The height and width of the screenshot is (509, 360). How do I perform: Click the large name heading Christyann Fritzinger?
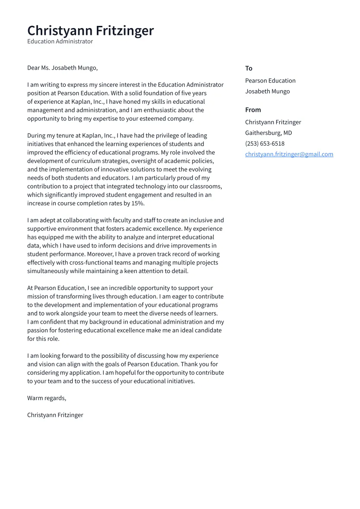tap(90, 31)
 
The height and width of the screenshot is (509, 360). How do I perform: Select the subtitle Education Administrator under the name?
tap(60, 41)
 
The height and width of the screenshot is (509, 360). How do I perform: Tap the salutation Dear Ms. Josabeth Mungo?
tap(62, 68)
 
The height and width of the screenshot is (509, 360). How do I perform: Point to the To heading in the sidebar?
tap(248, 68)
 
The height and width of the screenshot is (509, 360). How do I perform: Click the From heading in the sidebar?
tap(253, 110)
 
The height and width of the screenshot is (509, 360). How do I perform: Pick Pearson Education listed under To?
tap(270, 81)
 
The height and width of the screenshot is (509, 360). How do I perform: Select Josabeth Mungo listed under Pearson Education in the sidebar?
tap(268, 91)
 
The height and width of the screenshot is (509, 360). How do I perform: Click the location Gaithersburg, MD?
tap(268, 133)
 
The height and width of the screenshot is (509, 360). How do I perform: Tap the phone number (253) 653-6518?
tap(264, 143)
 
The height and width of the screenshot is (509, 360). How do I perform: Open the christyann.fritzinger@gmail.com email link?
tap(289, 154)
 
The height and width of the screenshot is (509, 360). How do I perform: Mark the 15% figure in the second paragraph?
tap(137, 204)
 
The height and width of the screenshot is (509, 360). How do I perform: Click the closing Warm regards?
tap(46, 398)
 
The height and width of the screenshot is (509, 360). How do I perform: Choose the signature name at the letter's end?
tap(55, 415)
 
